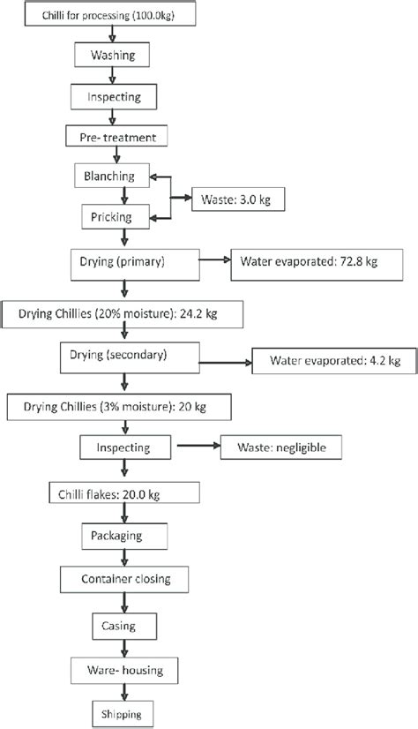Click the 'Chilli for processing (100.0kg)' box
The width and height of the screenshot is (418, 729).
(x=112, y=16)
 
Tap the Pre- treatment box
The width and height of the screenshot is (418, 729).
(x=116, y=137)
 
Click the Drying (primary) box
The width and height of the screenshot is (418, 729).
(x=132, y=261)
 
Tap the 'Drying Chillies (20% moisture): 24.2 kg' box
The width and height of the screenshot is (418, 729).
(x=123, y=312)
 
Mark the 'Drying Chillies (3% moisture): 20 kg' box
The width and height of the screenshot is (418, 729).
(x=118, y=406)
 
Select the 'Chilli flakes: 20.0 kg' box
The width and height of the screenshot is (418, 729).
(x=123, y=492)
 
